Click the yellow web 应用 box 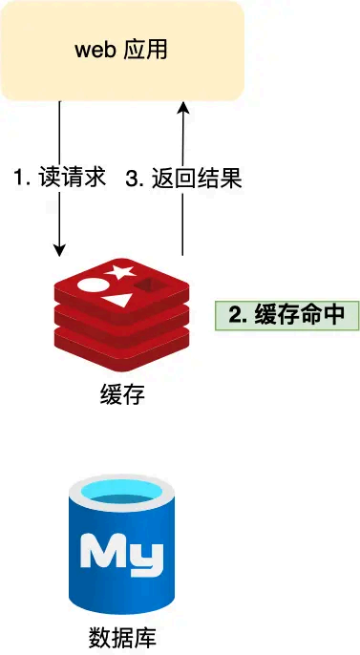[x=121, y=50]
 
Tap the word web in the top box [x=95, y=50]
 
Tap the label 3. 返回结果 [x=182, y=179]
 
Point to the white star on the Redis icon [x=121, y=272]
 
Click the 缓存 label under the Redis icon [x=121, y=393]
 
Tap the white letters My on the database [x=122, y=553]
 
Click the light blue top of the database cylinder [x=122, y=495]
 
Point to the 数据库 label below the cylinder [x=121, y=636]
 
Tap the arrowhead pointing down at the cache [x=59, y=250]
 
